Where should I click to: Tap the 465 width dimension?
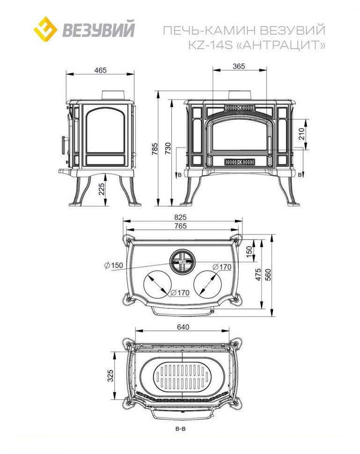coord(100,70)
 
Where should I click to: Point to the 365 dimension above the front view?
coord(239,66)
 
